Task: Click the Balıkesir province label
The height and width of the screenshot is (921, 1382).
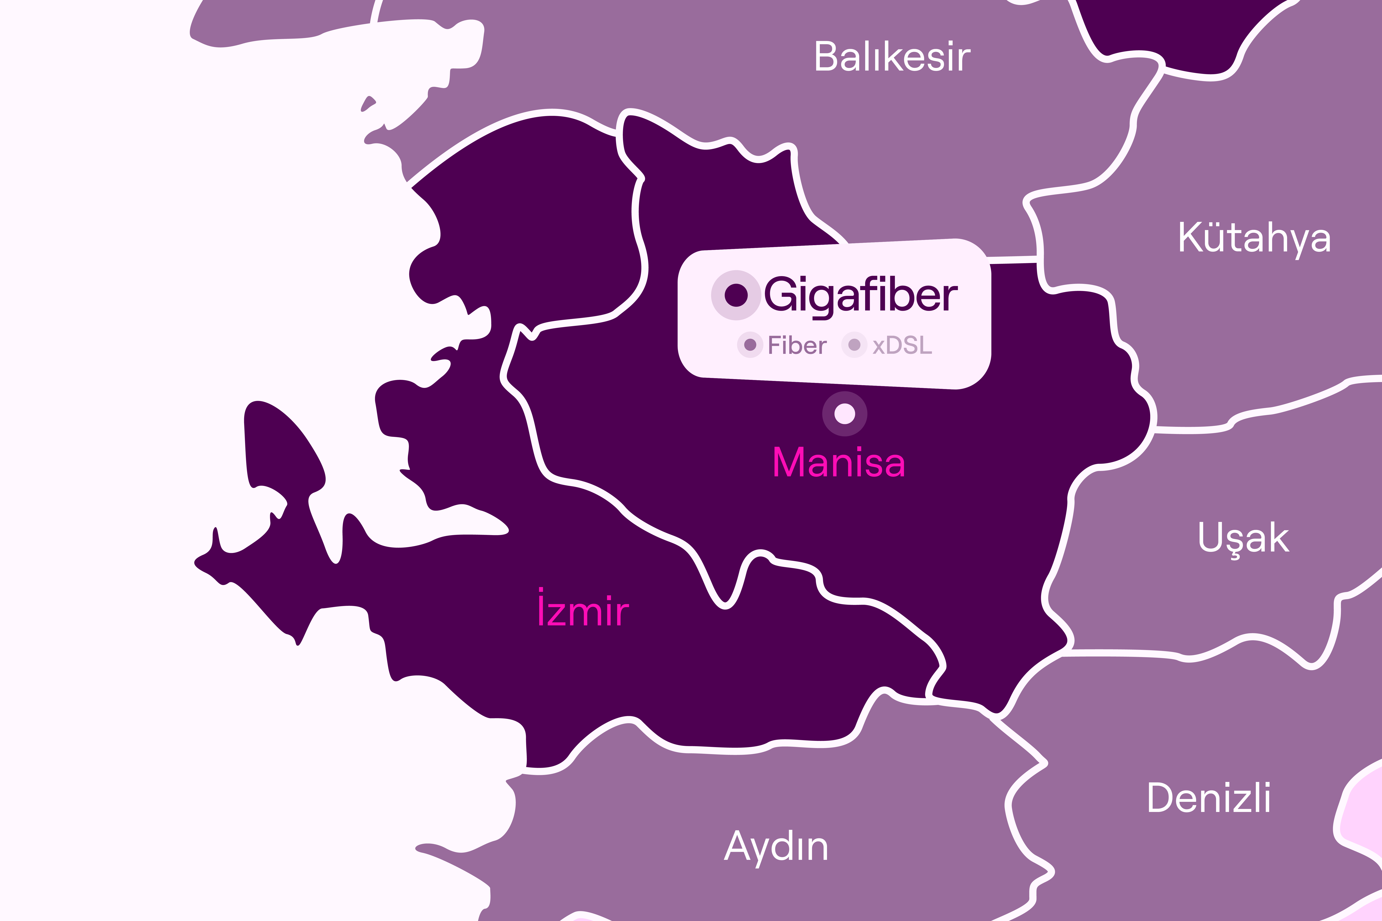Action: (892, 57)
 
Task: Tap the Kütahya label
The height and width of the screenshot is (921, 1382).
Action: (1254, 238)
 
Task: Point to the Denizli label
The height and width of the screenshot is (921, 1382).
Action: (1209, 798)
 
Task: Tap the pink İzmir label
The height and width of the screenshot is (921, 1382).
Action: (583, 611)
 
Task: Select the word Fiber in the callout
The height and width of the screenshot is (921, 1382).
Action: (797, 345)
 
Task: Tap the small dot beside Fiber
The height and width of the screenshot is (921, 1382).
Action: (750, 345)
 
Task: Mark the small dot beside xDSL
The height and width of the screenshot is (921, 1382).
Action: (854, 345)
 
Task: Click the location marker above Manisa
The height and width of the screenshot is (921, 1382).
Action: (844, 414)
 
